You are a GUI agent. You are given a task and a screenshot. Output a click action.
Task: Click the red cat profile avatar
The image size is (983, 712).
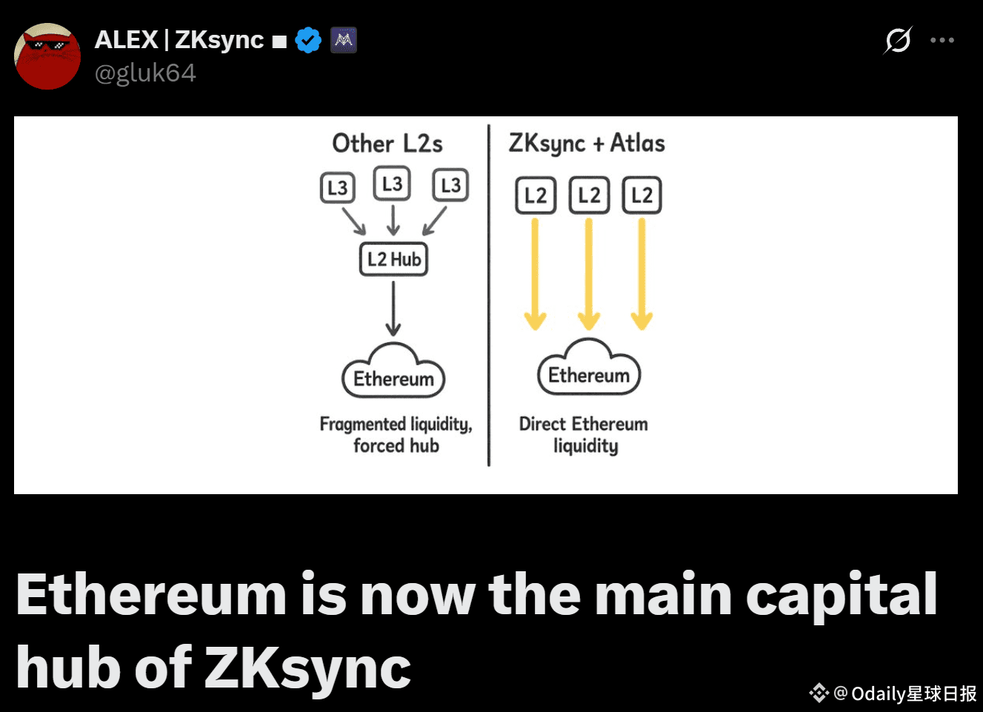47,56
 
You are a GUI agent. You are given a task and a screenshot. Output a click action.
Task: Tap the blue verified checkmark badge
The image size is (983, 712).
308,40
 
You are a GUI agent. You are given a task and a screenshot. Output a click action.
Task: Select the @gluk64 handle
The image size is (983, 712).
145,73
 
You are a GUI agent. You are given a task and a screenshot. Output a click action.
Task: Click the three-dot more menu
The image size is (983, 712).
942,40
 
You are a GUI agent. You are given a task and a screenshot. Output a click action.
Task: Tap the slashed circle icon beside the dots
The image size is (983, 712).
897,40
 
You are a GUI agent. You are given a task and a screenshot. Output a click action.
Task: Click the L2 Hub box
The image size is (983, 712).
393,259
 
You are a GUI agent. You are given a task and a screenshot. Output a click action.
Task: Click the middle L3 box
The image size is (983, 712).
392,184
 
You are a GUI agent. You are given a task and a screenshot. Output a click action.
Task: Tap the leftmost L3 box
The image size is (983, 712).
337,187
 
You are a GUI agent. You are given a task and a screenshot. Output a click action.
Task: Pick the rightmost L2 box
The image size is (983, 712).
642,196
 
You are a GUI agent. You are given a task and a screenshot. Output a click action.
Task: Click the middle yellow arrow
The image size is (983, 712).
588,274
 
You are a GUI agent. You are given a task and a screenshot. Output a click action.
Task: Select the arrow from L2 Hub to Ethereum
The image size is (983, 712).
393,308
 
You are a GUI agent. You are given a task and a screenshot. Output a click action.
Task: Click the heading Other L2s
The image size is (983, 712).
387,144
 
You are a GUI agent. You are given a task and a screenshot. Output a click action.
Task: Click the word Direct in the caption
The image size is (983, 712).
542,424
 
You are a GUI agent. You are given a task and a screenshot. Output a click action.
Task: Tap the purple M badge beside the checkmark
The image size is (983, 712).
343,40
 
